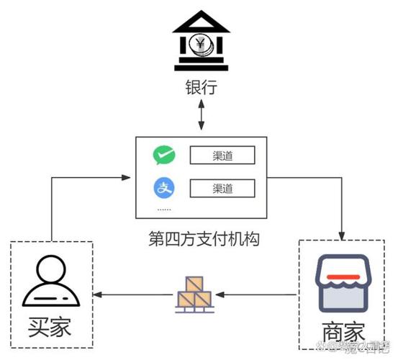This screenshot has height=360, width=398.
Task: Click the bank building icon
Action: click(x=199, y=44)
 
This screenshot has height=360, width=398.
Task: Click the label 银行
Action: click(x=199, y=89)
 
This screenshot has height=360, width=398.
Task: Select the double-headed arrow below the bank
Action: click(x=201, y=116)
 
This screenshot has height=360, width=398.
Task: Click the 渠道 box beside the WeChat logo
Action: click(x=222, y=156)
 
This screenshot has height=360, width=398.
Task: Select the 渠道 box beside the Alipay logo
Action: click(x=222, y=189)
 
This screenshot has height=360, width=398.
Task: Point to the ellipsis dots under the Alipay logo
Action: click(x=165, y=210)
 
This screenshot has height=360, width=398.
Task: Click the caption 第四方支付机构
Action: click(x=204, y=238)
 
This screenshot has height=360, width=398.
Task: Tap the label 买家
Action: click(x=51, y=328)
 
